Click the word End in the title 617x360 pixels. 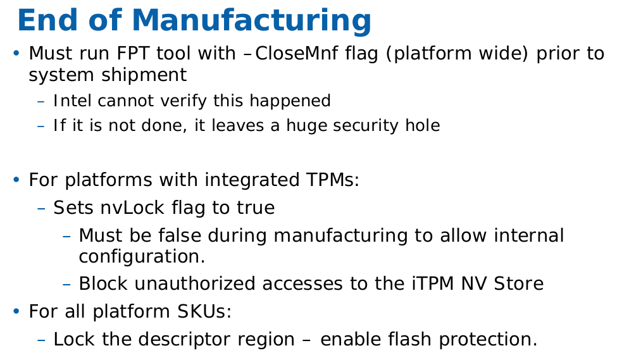coord(47,20)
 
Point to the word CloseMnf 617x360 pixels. coord(296,53)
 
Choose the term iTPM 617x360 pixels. coord(433,283)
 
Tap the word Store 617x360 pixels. coord(519,283)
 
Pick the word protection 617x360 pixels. coord(488,340)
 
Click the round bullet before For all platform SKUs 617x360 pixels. coord(16,312)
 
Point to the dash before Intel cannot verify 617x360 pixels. coord(41,101)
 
